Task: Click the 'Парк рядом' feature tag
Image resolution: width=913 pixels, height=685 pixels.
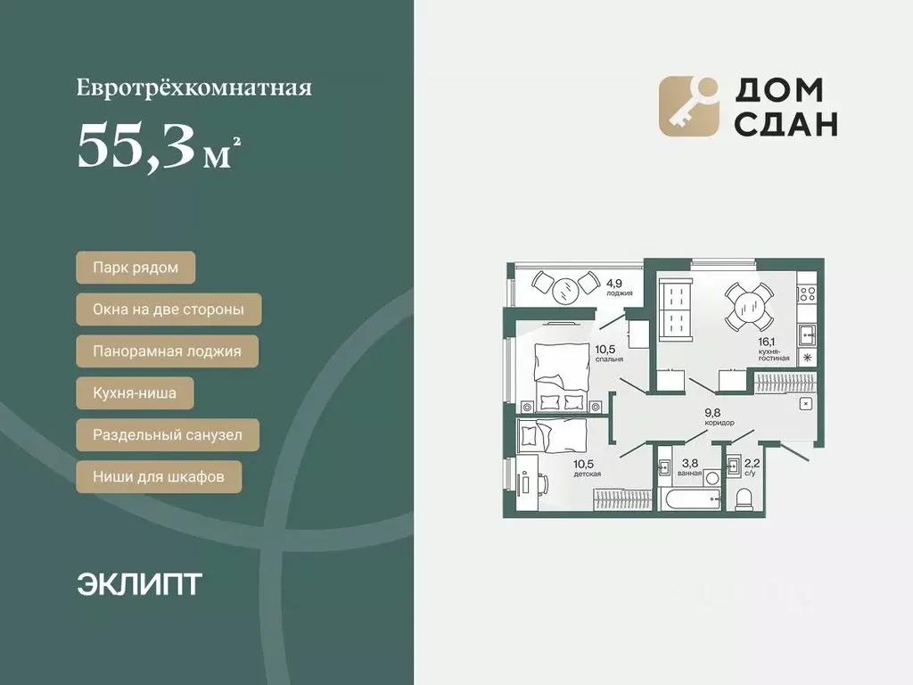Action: coord(135,268)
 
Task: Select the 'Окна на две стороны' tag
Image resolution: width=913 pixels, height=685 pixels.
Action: coord(169,310)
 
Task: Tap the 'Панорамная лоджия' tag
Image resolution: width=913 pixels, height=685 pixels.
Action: coord(167,351)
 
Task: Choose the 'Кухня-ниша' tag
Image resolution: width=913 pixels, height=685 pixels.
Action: coord(134,392)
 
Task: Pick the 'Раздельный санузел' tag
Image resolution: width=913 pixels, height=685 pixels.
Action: coord(168,436)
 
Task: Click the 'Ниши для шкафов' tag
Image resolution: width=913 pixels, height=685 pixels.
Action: coord(159,476)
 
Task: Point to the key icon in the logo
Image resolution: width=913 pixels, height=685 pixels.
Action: coord(688,106)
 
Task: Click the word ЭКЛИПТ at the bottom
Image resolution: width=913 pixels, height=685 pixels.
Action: coord(139,584)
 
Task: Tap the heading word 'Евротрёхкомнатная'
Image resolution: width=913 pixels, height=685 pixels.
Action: coord(193,88)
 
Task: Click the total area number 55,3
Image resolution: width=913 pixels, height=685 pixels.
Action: coord(136,145)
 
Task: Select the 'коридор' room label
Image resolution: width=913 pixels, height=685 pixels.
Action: coord(720,423)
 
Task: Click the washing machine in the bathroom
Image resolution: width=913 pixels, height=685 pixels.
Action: coord(665,466)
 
